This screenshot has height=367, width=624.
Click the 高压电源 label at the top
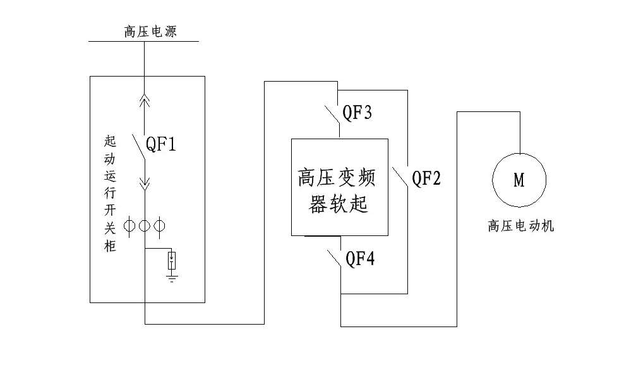(x=150, y=32)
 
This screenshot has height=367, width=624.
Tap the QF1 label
(x=161, y=144)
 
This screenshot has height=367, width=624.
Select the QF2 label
(x=426, y=178)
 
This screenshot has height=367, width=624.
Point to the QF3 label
(x=357, y=113)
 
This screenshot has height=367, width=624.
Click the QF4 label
(x=360, y=259)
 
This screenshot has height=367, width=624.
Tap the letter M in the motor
(x=519, y=180)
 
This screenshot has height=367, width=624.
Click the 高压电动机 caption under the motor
(x=521, y=226)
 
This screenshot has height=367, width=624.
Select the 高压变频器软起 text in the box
(x=337, y=190)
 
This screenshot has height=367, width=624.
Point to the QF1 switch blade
(x=138, y=147)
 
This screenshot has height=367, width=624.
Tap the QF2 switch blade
(x=400, y=177)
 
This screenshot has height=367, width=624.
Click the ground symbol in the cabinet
(x=172, y=278)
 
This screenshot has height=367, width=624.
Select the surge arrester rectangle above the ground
(x=172, y=260)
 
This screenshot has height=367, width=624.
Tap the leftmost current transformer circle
(x=129, y=226)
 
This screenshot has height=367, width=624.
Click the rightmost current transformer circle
(x=160, y=226)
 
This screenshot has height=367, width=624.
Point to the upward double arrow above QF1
(x=145, y=101)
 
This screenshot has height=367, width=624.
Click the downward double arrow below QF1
(x=145, y=184)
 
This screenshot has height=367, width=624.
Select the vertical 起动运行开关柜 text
(x=110, y=194)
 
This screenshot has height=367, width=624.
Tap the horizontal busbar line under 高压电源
(x=143, y=41)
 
